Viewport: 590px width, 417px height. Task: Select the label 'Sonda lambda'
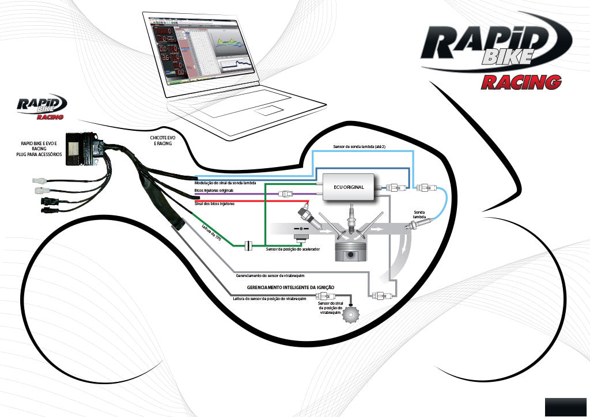point(419,215)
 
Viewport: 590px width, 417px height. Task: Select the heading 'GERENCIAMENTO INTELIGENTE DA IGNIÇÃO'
point(290,287)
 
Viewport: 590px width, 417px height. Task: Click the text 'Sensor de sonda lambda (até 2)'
point(363,147)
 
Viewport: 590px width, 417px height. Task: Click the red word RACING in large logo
point(521,82)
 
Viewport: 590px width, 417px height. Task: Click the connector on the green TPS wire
point(248,246)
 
